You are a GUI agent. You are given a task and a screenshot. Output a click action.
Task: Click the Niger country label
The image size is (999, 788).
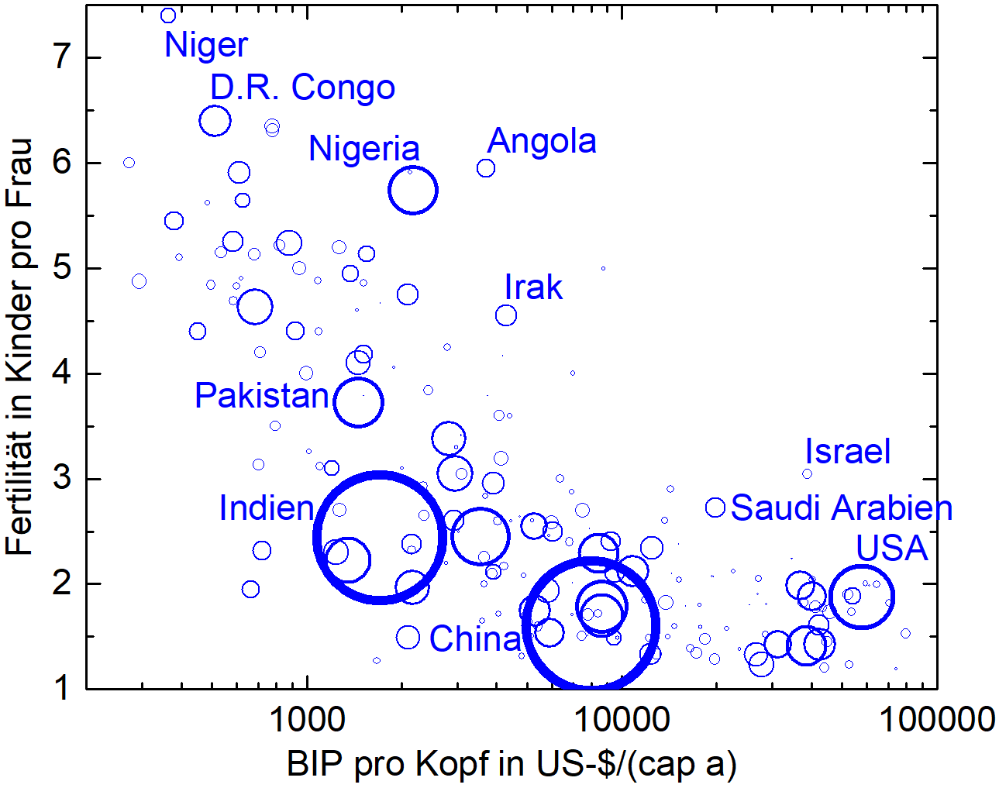click(205, 45)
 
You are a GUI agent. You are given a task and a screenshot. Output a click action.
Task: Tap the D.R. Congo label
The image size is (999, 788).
click(302, 88)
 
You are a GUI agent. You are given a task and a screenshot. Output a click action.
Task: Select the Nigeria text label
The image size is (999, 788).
click(363, 148)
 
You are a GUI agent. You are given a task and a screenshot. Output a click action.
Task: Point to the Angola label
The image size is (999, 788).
click(542, 141)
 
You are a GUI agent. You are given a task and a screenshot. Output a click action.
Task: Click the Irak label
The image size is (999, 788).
click(533, 287)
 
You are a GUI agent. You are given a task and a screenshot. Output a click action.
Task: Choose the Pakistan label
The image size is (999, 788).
click(262, 396)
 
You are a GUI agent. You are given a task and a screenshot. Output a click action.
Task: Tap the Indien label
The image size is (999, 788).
click(267, 508)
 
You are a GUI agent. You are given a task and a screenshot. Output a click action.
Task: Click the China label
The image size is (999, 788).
click(475, 639)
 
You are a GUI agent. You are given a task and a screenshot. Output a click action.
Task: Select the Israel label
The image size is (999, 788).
click(847, 452)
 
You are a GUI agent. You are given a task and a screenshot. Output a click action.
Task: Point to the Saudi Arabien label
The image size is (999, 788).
click(841, 508)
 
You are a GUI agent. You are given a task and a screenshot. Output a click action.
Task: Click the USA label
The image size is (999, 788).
click(891, 549)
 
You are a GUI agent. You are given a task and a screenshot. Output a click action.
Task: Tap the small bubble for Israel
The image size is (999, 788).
click(807, 474)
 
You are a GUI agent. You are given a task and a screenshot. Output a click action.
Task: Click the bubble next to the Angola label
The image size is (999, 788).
click(486, 168)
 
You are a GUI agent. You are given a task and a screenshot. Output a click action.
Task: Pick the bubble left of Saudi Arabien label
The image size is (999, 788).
click(715, 508)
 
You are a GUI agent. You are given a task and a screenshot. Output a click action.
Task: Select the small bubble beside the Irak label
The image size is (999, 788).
click(505, 315)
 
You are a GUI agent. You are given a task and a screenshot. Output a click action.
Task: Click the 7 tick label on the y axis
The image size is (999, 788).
click(62, 57)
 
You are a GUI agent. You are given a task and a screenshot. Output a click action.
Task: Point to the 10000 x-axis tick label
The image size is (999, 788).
click(621, 721)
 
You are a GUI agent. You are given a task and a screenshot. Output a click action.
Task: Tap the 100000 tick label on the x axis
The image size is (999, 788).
click(936, 721)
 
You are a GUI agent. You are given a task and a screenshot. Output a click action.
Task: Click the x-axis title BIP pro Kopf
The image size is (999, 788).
click(512, 764)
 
